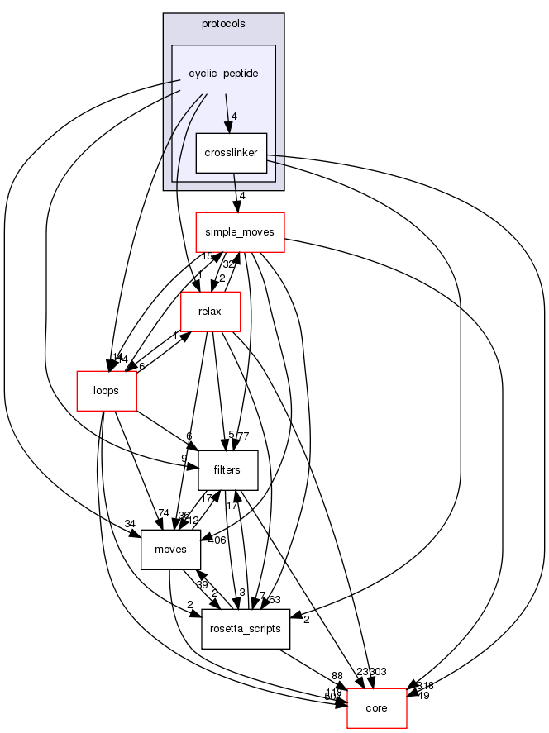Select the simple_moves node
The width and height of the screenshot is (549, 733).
(240, 232)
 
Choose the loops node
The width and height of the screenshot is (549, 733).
(106, 390)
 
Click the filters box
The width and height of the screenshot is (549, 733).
(227, 469)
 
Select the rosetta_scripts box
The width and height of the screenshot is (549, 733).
(246, 629)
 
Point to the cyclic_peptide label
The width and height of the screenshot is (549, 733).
(223, 74)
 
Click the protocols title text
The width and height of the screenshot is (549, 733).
(223, 22)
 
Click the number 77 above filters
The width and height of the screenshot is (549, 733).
(243, 436)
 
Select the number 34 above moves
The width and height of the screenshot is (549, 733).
(131, 524)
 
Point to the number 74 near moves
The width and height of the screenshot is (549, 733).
(164, 512)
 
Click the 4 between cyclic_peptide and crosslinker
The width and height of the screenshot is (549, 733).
(235, 117)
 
